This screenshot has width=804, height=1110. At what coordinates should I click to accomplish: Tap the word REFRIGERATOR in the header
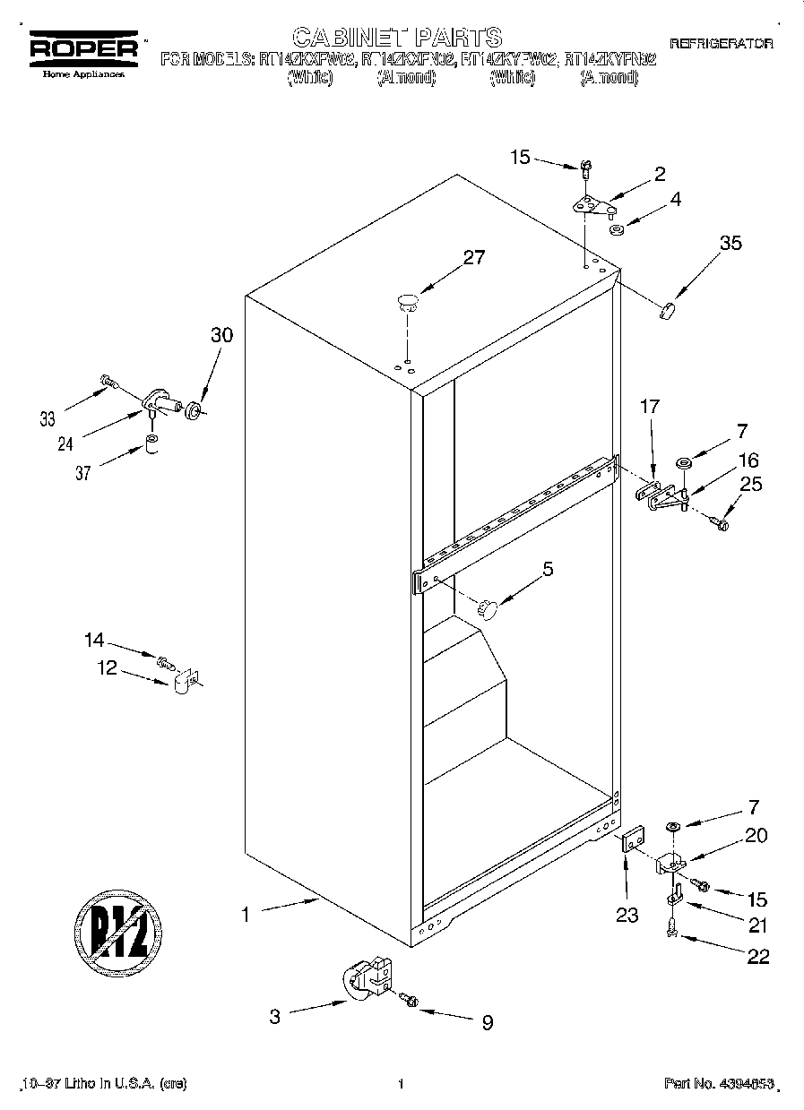(721, 43)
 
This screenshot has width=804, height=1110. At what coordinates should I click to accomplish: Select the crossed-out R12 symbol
(117, 928)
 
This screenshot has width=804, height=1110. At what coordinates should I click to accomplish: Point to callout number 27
(473, 257)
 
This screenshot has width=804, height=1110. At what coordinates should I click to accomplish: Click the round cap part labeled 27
(408, 301)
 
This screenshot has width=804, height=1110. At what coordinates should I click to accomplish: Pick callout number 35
(731, 242)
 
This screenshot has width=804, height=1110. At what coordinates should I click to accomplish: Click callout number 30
(221, 335)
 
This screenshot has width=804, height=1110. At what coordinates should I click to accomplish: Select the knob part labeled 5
(487, 608)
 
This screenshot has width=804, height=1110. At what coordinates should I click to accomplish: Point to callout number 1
(244, 915)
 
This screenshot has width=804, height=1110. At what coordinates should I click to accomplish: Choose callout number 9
(487, 1022)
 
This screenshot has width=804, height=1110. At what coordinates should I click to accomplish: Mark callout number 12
(108, 667)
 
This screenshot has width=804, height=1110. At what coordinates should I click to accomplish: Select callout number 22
(757, 956)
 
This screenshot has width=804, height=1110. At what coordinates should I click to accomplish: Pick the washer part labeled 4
(617, 230)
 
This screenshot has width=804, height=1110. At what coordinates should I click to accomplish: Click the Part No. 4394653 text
(718, 1084)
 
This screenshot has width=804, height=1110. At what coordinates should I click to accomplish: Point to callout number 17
(649, 406)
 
